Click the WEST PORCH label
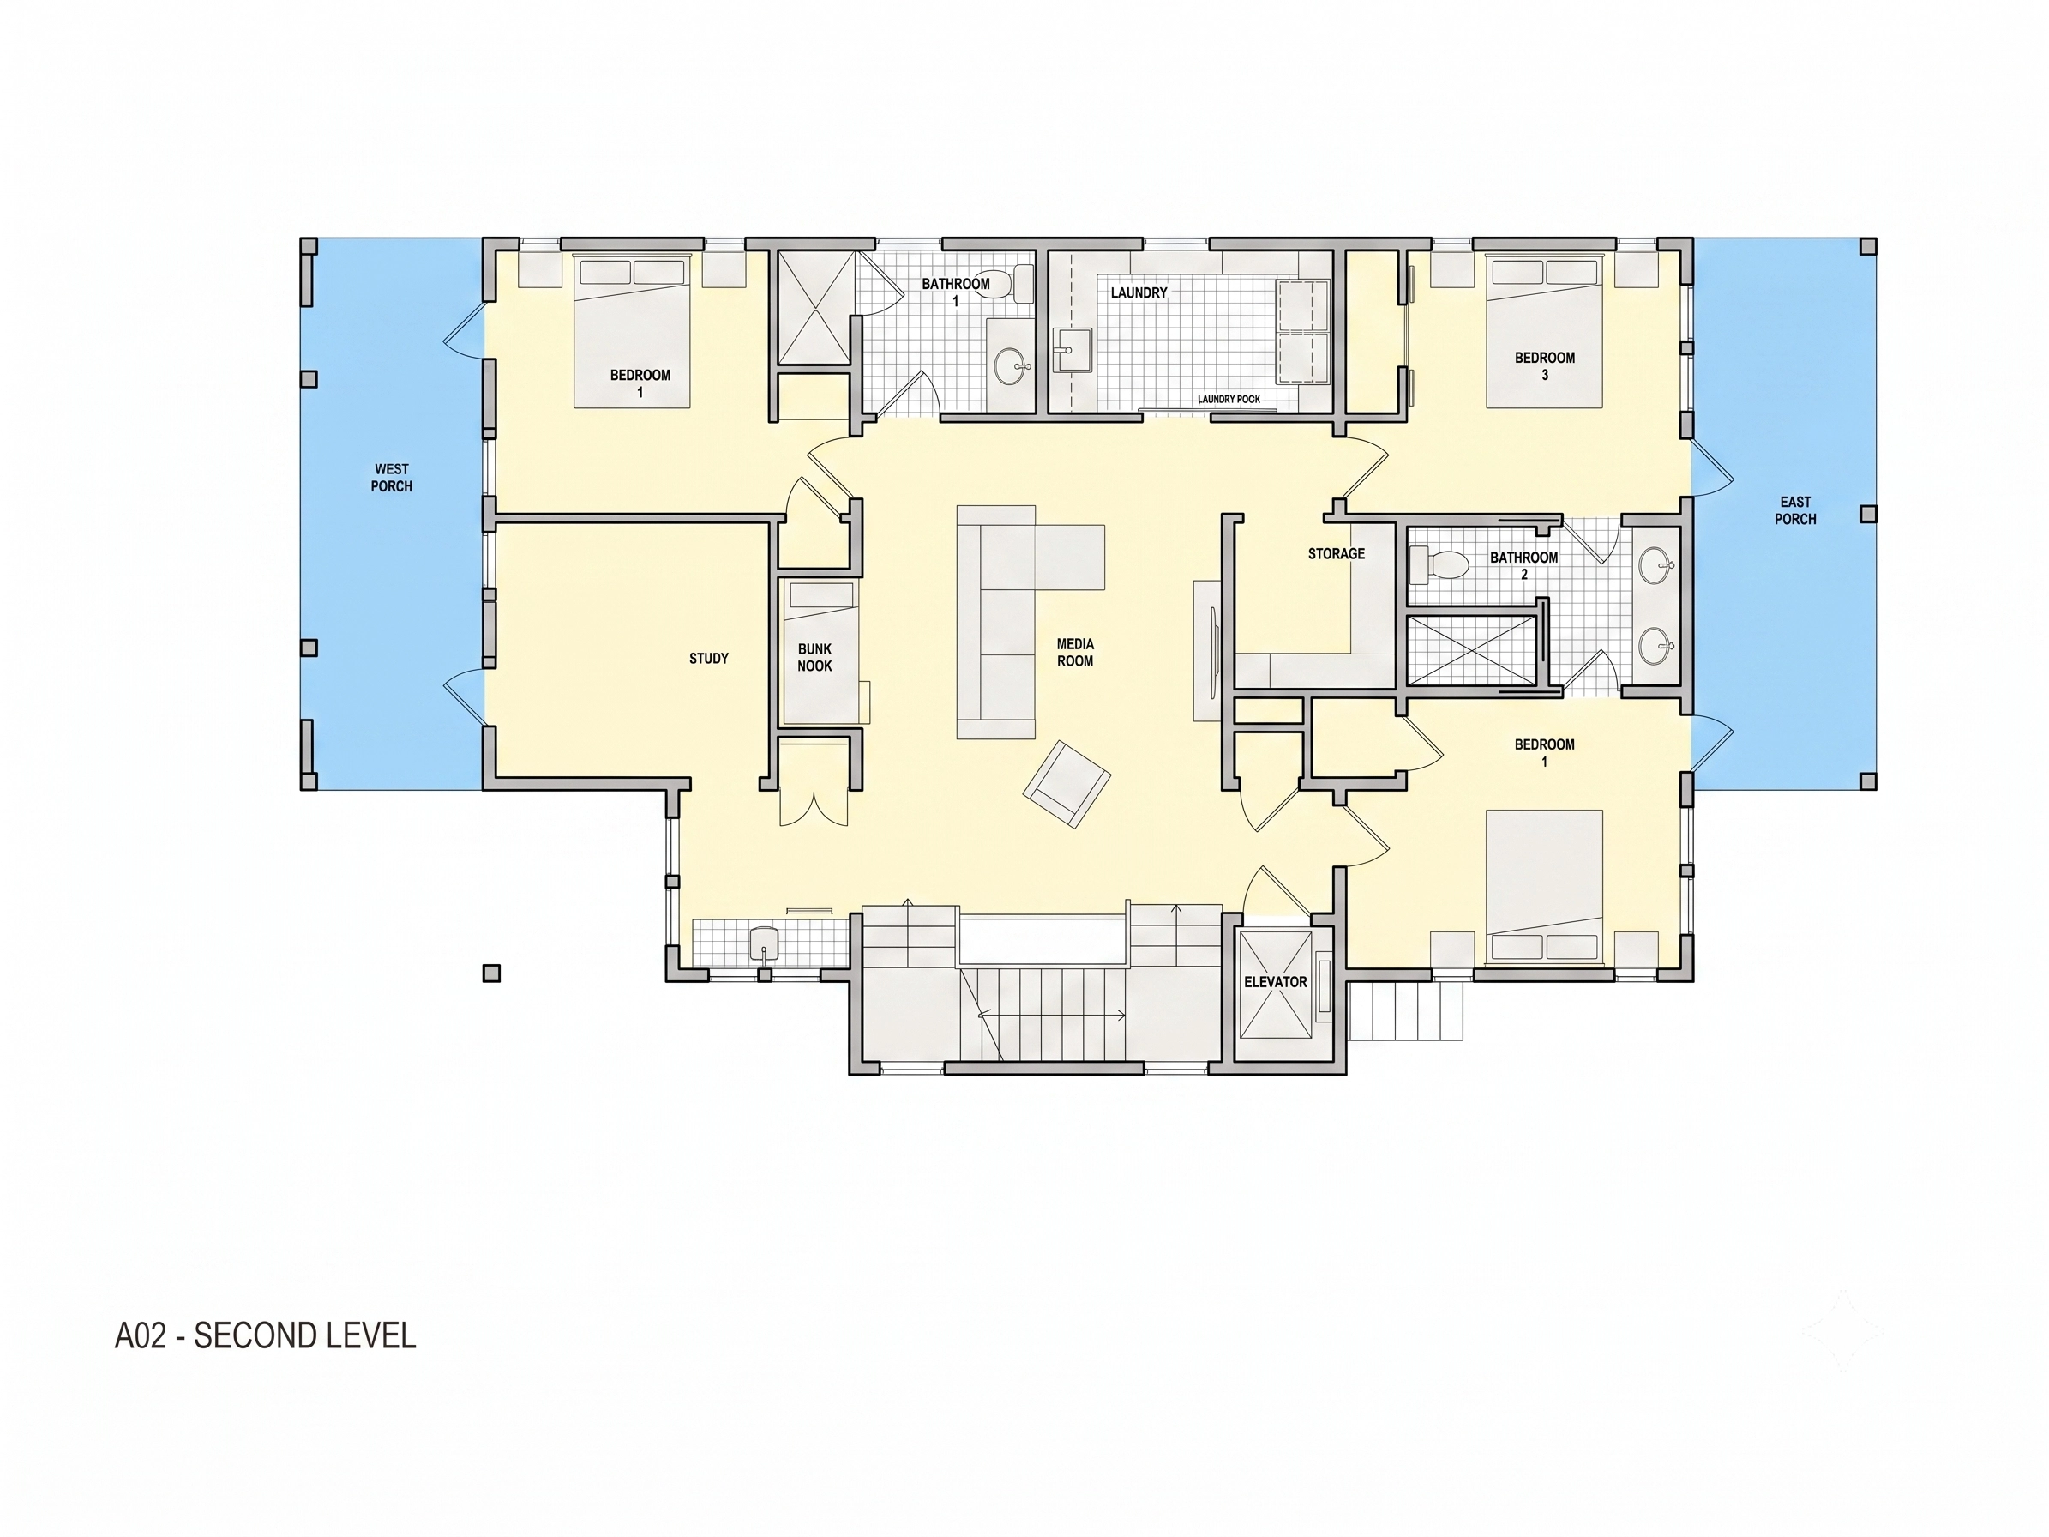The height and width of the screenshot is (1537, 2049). tap(391, 477)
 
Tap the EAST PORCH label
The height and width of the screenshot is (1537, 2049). tap(1794, 510)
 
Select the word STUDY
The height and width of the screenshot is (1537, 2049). tap(709, 658)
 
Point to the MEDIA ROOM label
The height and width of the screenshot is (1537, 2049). tap(1074, 652)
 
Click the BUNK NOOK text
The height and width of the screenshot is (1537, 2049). tap(814, 658)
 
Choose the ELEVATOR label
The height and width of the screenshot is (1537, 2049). tap(1276, 981)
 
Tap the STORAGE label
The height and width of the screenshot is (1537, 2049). tap(1336, 553)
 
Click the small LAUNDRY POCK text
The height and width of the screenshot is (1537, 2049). tap(1229, 400)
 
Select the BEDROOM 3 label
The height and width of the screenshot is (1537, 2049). tap(1544, 366)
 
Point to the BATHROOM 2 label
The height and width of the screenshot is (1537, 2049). tap(1523, 565)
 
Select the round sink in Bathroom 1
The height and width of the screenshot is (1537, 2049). tap(1012, 366)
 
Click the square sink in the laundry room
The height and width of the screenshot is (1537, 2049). tap(1073, 350)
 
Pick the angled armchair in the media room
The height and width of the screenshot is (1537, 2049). tap(1067, 784)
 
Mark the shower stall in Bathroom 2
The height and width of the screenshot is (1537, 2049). tap(1471, 651)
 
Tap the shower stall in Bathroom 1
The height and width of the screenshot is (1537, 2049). tap(814, 307)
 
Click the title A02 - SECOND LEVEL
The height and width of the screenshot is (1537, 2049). tap(265, 1336)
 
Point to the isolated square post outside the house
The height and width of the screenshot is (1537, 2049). tap(492, 973)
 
